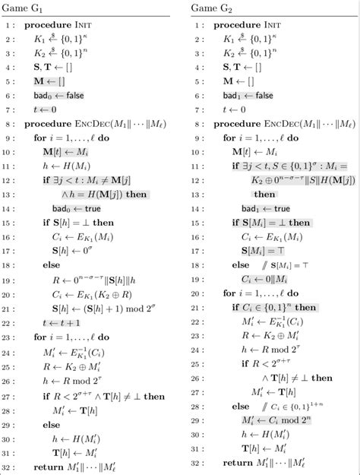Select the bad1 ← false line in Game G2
point(254,95)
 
